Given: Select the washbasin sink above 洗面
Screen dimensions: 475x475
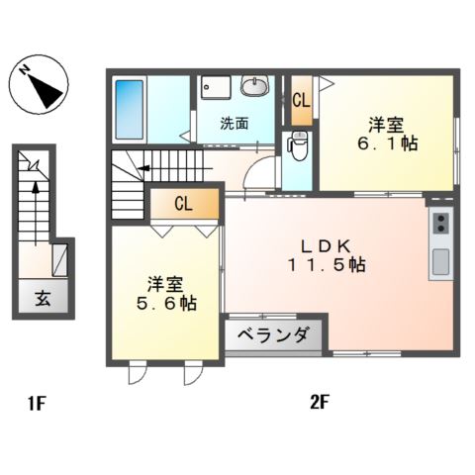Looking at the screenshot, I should tap(254, 87).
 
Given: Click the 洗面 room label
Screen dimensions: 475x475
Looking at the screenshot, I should tap(234, 124).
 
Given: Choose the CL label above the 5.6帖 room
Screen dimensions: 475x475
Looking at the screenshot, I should tap(183, 205).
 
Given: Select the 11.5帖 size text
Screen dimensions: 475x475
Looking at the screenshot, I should tap(327, 265).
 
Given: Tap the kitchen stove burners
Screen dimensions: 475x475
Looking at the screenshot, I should tap(440, 224).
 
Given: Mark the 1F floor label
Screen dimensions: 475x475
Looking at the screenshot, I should tap(36, 404).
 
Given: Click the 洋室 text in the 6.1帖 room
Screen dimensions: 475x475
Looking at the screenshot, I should tap(387, 124).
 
